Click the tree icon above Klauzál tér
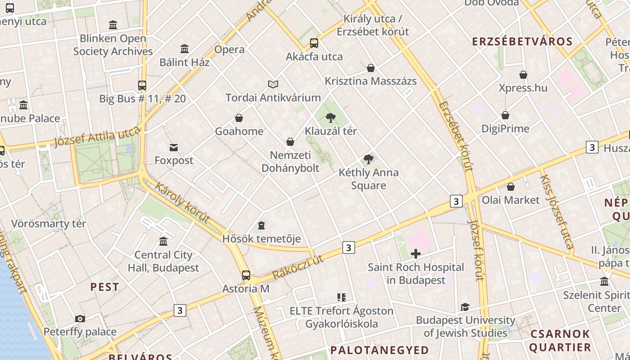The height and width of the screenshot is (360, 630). (x=331, y=118)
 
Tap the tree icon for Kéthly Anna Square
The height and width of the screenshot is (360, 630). (x=369, y=159)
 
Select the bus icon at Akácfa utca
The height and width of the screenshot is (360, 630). (x=314, y=43)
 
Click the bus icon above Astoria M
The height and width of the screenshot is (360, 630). (x=246, y=275)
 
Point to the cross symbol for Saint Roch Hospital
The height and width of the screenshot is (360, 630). (x=416, y=254)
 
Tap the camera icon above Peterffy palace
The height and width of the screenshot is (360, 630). (x=80, y=319)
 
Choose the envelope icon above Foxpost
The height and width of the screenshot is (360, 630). (x=174, y=147)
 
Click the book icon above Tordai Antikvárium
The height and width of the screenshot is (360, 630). (x=273, y=84)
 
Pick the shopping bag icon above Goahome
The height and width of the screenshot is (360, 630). (x=239, y=118)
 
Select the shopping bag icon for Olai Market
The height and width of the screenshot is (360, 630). (x=511, y=186)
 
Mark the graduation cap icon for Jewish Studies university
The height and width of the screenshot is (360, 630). (x=465, y=307)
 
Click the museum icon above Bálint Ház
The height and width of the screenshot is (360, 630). (x=184, y=49)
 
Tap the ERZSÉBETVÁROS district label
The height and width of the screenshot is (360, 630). (x=522, y=42)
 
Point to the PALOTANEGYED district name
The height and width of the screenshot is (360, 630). (x=380, y=350)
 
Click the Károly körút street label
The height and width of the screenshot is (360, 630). (x=182, y=202)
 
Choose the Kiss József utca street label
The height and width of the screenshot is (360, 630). (x=557, y=211)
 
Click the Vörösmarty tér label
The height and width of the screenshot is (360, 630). (x=49, y=224)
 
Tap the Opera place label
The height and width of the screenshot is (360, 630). (x=229, y=49)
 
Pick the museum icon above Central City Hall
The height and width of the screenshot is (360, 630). (x=163, y=241)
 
